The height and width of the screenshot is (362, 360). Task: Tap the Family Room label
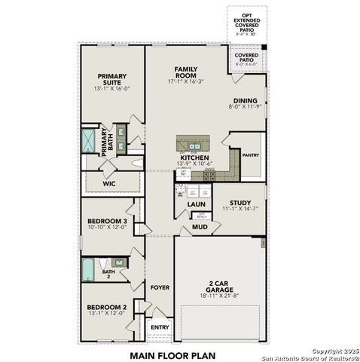185,72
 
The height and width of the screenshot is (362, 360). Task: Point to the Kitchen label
194,158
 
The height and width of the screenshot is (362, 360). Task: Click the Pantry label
250,155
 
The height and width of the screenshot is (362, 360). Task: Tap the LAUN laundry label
197,204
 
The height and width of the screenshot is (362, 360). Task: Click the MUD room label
199,226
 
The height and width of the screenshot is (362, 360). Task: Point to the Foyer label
160,287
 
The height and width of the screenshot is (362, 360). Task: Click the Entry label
160,327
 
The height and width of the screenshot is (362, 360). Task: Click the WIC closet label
108,182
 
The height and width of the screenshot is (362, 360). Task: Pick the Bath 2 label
109,272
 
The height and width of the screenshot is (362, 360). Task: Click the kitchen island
193,143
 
